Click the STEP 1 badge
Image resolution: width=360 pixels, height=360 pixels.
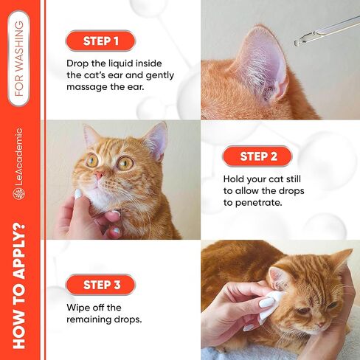click(x=100, y=41)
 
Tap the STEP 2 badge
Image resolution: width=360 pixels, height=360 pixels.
click(x=257, y=156)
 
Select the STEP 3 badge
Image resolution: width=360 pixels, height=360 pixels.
click(x=100, y=285)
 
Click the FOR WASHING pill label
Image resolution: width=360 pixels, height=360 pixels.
click(x=18, y=58)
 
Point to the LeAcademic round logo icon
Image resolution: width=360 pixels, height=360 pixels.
click(x=18, y=194)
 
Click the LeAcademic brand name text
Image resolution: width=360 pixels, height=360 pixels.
click(x=18, y=156)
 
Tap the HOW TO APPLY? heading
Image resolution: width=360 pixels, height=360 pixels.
click(x=19, y=286)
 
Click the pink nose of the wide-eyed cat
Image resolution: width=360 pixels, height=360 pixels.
click(x=99, y=175)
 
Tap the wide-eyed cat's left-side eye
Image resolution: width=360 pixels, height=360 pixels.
click(x=92, y=160)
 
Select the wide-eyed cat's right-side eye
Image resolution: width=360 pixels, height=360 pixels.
click(x=125, y=163)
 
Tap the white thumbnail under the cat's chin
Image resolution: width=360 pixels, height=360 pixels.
click(x=78, y=194)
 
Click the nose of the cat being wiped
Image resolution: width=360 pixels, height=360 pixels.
click(x=321, y=325)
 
